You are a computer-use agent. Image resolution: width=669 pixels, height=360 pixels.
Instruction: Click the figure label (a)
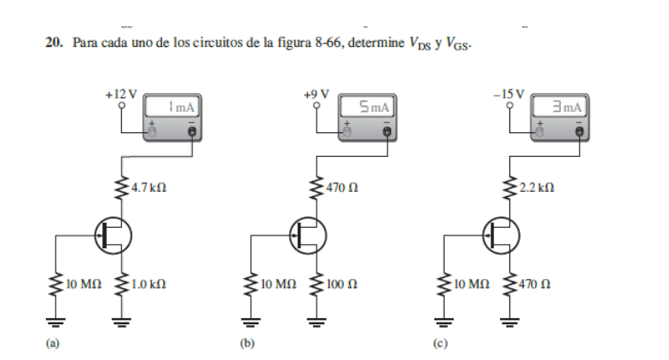[51, 345]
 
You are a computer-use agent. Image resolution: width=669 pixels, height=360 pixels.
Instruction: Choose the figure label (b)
[247, 345]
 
